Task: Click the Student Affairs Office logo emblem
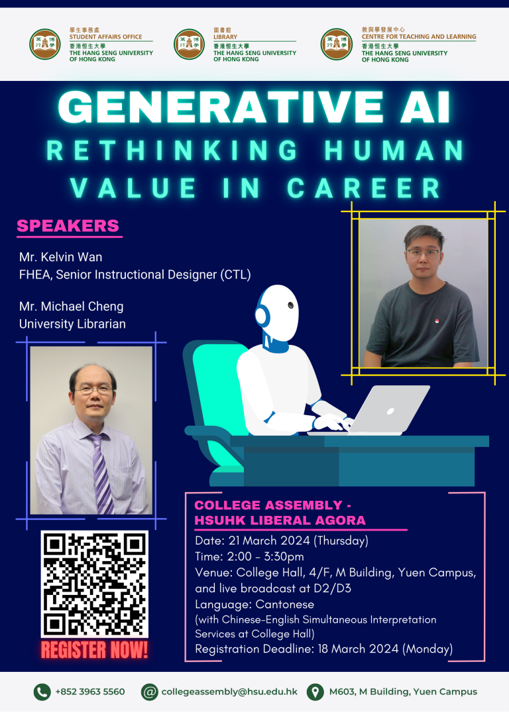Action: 45,44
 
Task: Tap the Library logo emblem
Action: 190,44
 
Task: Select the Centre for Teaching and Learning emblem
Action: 337,44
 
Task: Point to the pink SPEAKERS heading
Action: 68,226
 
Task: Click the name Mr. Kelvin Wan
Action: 61,257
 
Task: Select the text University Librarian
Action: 72,324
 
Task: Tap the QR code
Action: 95,584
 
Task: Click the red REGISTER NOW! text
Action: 95,651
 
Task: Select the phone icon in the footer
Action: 42,692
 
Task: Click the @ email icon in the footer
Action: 150,692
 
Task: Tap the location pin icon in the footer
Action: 315,692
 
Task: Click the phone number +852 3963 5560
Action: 89,692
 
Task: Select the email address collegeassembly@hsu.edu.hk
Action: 229,692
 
